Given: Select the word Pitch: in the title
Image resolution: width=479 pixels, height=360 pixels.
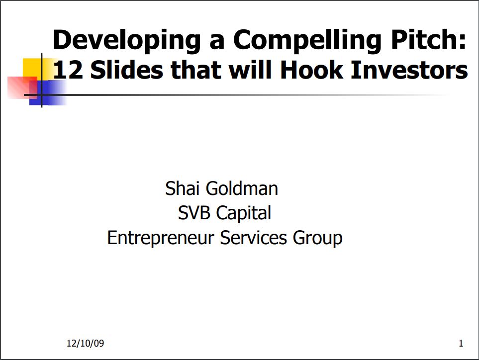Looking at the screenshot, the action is [429, 39].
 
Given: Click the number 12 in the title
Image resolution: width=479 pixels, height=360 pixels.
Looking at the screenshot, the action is [68, 70].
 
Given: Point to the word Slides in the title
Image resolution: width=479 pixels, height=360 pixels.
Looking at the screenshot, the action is [126, 70].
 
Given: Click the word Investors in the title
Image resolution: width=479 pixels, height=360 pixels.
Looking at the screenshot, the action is [409, 70].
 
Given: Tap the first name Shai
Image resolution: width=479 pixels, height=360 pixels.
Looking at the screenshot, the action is [182, 188].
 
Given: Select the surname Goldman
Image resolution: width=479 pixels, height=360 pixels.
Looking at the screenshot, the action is [242, 188].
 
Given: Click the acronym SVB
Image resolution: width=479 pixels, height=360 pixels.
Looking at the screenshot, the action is [194, 212].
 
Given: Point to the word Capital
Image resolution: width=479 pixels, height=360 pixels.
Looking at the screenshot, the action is [243, 213].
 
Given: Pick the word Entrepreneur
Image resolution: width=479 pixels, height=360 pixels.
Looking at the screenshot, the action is [160, 238].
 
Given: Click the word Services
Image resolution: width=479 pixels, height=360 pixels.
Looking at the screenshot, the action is [253, 238].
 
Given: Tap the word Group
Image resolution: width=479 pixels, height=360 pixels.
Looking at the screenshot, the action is [317, 238].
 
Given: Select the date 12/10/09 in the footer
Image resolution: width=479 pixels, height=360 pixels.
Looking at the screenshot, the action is [85, 343].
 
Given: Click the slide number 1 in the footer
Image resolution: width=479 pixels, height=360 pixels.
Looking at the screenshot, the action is [461, 344].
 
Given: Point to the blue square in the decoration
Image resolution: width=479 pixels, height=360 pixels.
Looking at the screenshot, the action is [49, 93].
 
